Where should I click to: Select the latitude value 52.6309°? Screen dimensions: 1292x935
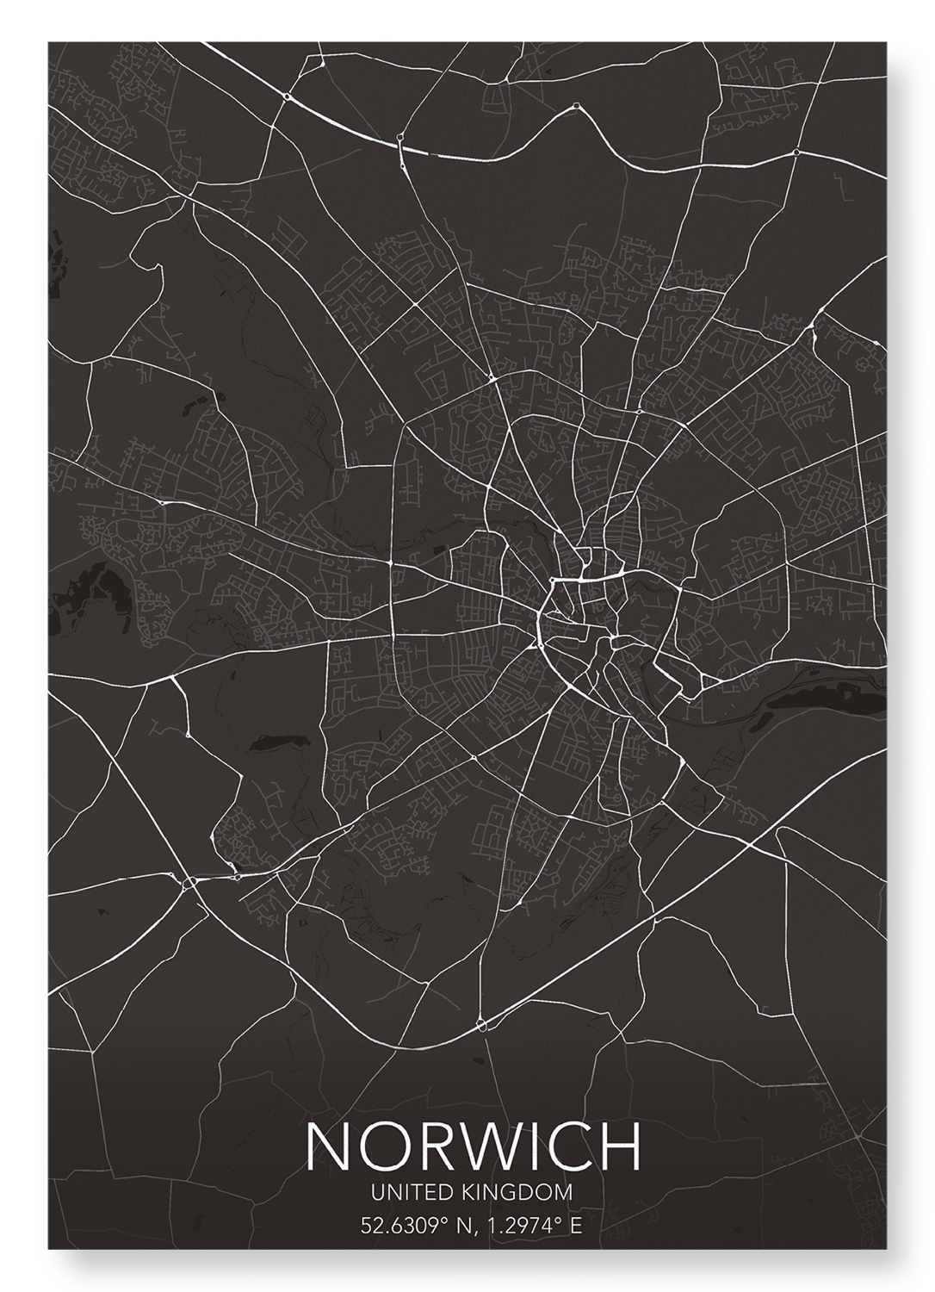[x=399, y=1226]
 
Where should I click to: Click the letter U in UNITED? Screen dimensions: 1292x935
[x=376, y=1193]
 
